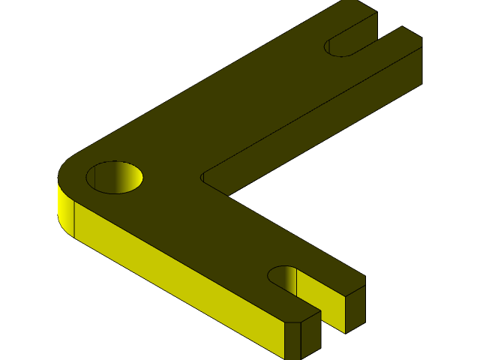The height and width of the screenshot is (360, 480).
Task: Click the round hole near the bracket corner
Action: click(x=115, y=178)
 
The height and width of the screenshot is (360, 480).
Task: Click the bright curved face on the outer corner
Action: click(x=65, y=210)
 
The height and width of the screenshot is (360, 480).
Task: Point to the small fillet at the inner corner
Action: click(x=202, y=178)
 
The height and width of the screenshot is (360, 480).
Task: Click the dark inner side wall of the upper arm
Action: click(x=315, y=127)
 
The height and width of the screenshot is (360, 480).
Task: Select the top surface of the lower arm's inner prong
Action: click(x=330, y=274)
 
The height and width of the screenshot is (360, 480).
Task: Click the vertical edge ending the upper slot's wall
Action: click(x=376, y=27)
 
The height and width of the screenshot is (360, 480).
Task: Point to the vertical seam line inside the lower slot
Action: click(x=297, y=282)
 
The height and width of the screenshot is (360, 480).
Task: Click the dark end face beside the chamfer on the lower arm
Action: click(x=311, y=334)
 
